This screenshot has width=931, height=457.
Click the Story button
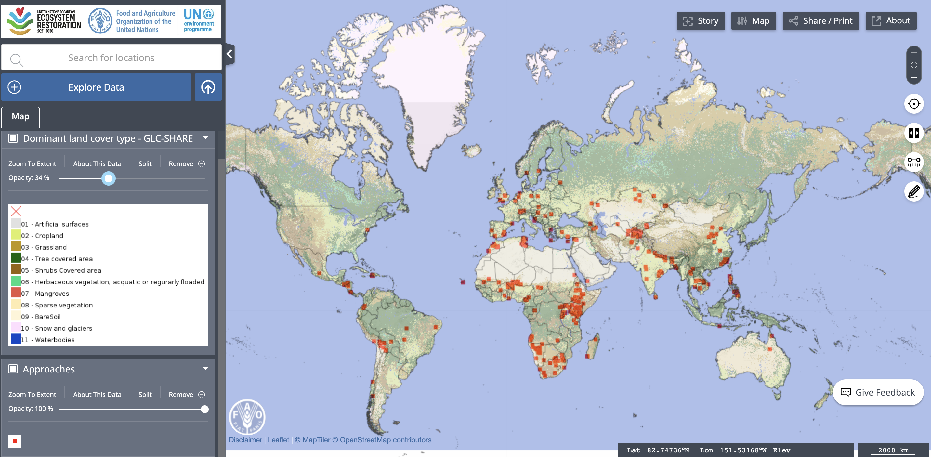pos(701,21)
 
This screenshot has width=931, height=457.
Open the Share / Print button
pos(820,21)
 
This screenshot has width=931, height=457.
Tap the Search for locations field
pos(111,58)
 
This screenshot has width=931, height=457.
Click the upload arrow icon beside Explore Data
pos(208,87)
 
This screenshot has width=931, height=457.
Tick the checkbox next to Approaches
pos(13,369)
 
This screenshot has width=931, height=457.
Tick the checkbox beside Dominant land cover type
pos(13,138)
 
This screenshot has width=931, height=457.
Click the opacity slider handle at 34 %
pos(108,178)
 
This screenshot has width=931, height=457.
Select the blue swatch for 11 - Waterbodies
pos(16,339)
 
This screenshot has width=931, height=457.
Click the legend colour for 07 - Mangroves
pos(16,293)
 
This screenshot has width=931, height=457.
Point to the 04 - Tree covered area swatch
pos(16,258)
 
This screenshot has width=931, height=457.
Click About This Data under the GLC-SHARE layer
pos(97,163)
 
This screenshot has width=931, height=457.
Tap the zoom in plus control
pos(914,53)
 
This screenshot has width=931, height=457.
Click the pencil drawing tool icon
pos(914,191)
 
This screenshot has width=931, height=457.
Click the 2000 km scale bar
pos(893,450)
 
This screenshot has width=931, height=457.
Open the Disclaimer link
pos(245,440)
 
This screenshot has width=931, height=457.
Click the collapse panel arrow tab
pos(229,54)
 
